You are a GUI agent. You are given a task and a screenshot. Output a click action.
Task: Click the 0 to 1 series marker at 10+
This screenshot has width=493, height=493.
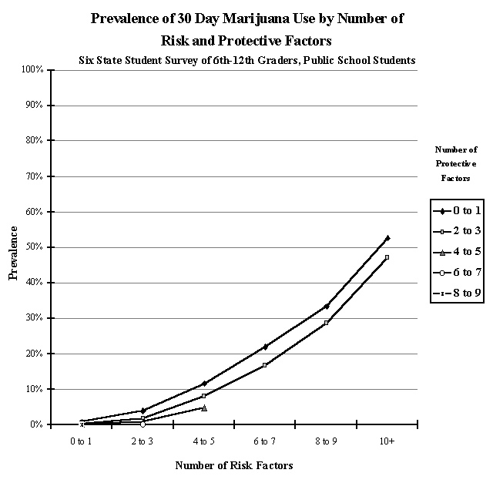point(387,238)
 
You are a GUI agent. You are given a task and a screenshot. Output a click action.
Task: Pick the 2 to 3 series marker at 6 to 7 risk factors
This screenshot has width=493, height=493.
point(265,365)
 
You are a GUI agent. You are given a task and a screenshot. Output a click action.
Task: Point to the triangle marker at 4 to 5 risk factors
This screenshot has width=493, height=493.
point(204,407)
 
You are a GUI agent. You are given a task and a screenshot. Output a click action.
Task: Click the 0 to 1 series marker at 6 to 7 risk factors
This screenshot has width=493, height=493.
point(265,347)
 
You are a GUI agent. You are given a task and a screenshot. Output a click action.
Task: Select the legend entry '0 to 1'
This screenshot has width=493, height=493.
point(459,210)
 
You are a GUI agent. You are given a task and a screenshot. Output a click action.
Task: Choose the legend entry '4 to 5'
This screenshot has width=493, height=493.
point(459,250)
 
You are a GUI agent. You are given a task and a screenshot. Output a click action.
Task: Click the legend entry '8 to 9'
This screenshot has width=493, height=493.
point(459,292)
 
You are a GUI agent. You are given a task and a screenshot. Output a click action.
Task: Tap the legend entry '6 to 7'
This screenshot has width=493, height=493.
point(459,271)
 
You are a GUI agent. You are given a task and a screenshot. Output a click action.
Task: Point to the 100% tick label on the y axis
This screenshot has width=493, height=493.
point(32,70)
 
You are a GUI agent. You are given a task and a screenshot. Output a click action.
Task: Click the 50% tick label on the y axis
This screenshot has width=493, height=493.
point(35,247)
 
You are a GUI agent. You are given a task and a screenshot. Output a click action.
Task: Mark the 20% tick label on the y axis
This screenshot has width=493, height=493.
point(35,354)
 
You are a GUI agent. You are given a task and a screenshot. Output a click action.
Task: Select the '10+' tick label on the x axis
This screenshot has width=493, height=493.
point(387,441)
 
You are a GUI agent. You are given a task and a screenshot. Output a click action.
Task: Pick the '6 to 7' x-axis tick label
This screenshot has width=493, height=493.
point(265,441)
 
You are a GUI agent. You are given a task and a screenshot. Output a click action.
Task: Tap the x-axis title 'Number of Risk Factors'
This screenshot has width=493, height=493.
point(234,465)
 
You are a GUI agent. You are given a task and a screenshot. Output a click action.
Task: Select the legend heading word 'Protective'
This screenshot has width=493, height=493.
point(455,163)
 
